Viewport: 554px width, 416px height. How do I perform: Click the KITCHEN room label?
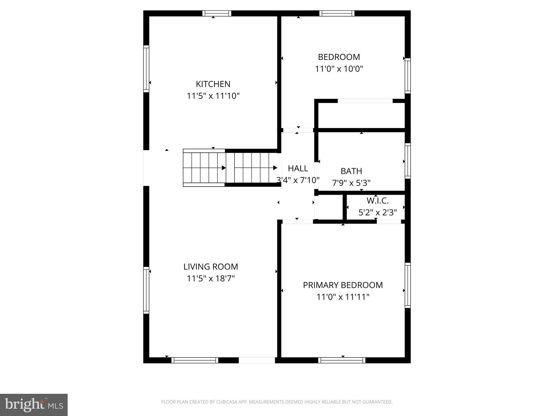tap(213, 84)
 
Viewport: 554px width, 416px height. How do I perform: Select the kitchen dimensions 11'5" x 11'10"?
tap(213, 96)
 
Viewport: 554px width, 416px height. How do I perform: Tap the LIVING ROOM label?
tap(211, 267)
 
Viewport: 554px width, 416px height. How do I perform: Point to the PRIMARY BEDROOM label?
tap(343, 285)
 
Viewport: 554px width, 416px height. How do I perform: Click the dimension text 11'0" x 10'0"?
tap(339, 69)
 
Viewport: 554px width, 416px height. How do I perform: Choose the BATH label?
tap(351, 171)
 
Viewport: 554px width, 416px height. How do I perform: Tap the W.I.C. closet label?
tap(378, 201)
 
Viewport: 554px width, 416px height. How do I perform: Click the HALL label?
tap(298, 168)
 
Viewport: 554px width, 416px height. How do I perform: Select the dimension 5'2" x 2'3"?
tap(378, 213)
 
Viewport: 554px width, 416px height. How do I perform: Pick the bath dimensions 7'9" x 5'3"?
tap(351, 183)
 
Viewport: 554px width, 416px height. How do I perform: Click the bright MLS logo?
tap(34, 405)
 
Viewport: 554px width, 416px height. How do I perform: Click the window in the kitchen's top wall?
tap(217, 13)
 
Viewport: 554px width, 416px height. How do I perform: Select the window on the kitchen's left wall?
tap(146, 69)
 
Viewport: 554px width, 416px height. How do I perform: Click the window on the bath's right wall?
tap(407, 161)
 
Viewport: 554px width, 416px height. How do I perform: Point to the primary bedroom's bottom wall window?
tap(342, 360)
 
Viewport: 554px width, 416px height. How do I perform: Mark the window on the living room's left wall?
tap(146, 290)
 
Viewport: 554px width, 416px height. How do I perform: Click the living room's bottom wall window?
tap(195, 360)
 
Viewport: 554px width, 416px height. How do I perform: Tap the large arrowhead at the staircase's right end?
tap(275, 168)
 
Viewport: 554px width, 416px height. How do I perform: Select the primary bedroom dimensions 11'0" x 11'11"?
tap(343, 297)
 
